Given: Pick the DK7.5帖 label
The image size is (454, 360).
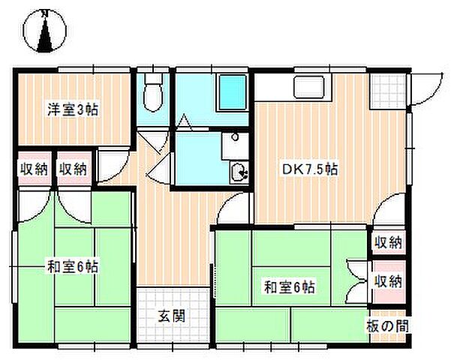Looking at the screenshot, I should (309, 169).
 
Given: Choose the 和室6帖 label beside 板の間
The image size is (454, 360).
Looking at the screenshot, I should (289, 286).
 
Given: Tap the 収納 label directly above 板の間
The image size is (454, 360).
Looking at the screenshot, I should (388, 281).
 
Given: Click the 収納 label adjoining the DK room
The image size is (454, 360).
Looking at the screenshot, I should (388, 242).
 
